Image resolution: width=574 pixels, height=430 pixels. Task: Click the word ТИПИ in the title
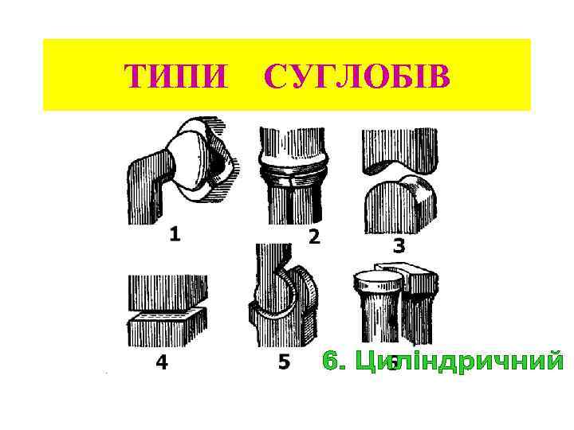pos(175,78)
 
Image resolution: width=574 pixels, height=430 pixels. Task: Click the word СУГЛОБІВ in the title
pos(356,78)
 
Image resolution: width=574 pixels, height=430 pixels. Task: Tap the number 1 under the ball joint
pos(175,235)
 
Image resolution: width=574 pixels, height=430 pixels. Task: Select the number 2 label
pos(314,236)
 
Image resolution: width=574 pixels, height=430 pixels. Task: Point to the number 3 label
pos(399,246)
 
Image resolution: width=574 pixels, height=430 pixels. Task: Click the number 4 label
pos(162,363)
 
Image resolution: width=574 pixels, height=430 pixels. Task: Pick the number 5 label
pos(284,362)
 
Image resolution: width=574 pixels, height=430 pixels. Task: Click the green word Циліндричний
pos(459,361)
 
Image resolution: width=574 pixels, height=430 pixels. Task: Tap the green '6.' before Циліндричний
pos(336,361)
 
